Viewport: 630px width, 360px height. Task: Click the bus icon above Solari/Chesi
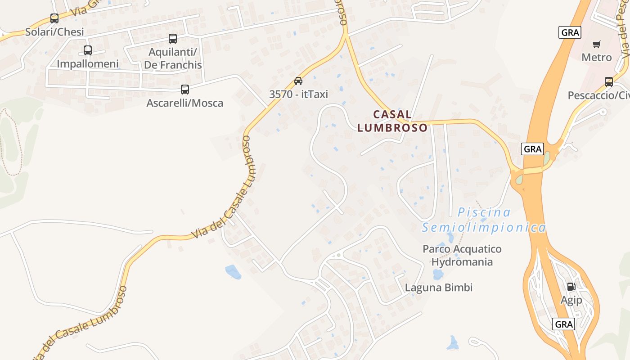pos(54,18)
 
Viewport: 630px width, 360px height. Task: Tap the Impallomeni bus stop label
pos(88,64)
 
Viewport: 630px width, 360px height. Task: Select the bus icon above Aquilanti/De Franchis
pos(173,39)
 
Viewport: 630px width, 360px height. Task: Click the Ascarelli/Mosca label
pos(184,103)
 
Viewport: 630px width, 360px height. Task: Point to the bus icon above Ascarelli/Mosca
pos(185,90)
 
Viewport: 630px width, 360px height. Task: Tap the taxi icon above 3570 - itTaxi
pos(298,81)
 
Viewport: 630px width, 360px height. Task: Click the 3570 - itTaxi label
pos(298,94)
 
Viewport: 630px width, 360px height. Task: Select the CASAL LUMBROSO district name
pos(392,121)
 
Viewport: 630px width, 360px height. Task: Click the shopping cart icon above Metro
pos(597,44)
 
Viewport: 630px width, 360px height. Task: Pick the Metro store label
pos(597,58)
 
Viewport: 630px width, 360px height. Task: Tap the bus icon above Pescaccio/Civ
pos(609,82)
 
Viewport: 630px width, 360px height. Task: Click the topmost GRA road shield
pos(570,32)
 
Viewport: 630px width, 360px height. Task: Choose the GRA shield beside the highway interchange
pos(532,149)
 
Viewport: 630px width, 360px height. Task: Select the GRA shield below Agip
pos(563,324)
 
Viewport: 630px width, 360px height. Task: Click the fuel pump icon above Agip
pos(571,286)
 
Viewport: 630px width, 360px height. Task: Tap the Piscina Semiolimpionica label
pos(484,220)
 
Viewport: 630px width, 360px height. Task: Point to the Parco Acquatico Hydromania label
pos(462,255)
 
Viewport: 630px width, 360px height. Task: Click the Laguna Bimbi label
pos(439,288)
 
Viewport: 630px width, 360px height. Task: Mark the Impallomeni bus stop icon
pos(88,50)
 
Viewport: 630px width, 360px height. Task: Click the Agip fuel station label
pos(571,300)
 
